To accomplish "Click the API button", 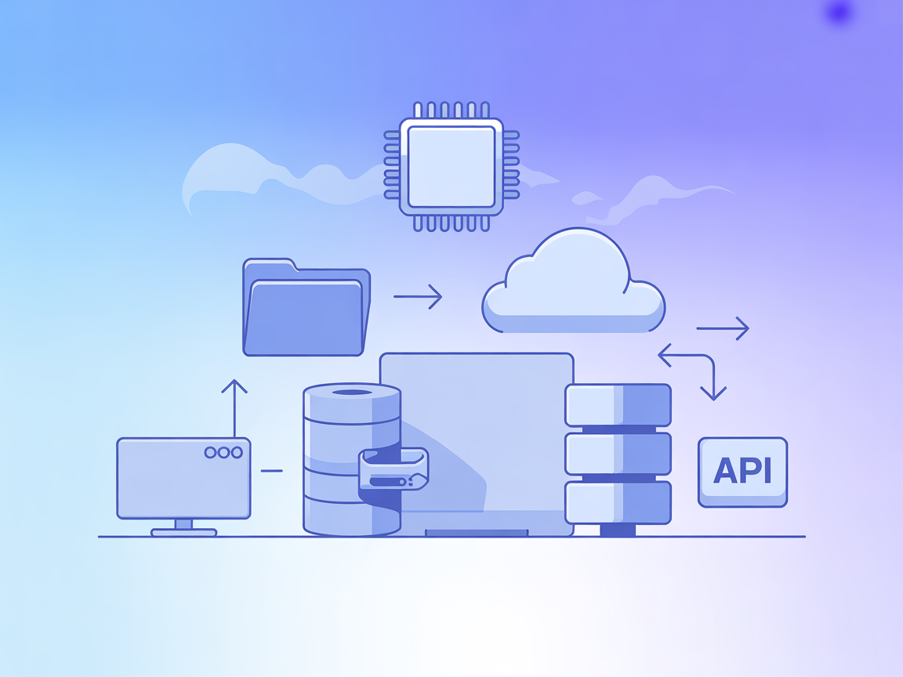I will click(x=742, y=472).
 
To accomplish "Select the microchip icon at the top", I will click(x=451, y=167).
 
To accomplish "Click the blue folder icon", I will click(x=306, y=308).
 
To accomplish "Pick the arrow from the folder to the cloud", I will click(x=418, y=296).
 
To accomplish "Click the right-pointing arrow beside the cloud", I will click(x=723, y=328).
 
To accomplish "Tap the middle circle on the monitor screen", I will click(x=223, y=452).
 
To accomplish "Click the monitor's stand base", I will click(x=183, y=532).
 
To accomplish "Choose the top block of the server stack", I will click(x=618, y=404).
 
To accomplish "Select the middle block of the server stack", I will click(x=618, y=453).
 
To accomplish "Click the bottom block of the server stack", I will click(x=618, y=502).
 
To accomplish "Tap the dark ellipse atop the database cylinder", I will click(x=352, y=392).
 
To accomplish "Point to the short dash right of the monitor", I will click(x=271, y=470).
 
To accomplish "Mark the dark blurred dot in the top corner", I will click(x=840, y=13).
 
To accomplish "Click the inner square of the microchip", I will click(x=451, y=167).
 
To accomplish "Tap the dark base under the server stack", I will click(x=618, y=530).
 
